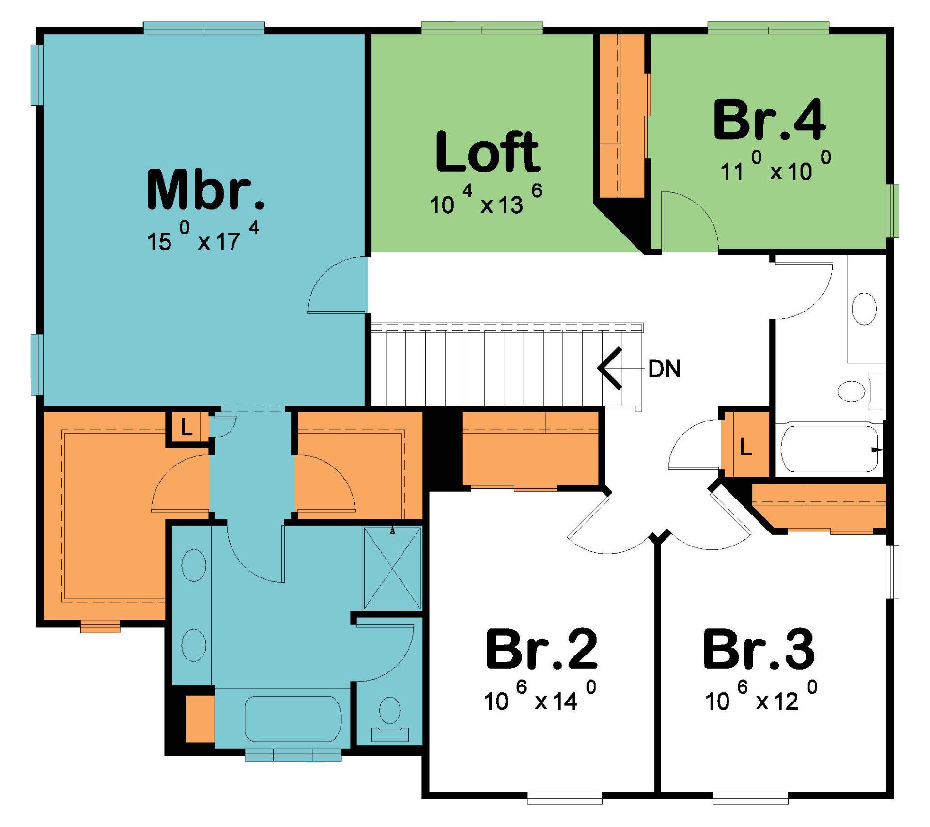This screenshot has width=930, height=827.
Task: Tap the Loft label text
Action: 487,152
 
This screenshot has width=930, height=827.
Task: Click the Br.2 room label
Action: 542,649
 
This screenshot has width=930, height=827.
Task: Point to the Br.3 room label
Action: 759,649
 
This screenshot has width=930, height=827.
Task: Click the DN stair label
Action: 664,369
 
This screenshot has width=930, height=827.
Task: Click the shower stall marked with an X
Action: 392,568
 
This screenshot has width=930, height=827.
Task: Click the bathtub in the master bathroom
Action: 293,718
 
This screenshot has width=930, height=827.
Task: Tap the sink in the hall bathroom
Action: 864,309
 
